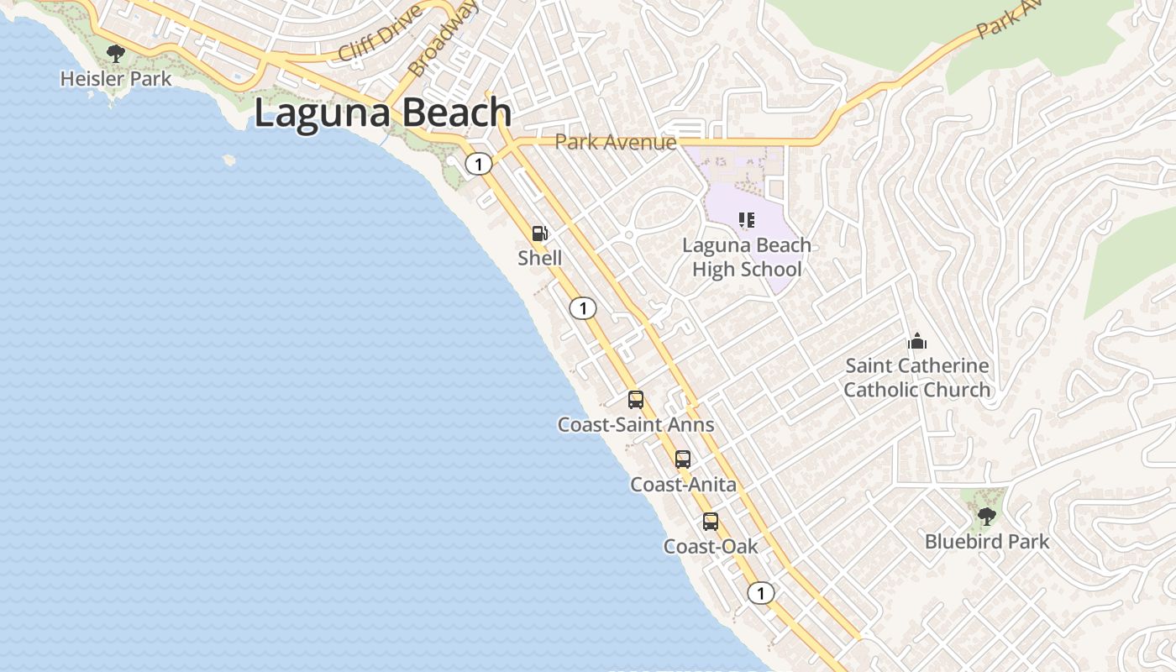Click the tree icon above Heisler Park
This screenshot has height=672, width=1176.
click(116, 54)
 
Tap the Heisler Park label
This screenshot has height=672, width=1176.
click(116, 79)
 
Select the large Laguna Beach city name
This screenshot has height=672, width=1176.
click(382, 113)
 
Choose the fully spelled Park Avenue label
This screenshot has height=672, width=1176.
click(616, 141)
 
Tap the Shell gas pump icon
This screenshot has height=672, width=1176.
click(540, 234)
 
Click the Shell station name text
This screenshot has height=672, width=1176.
click(540, 258)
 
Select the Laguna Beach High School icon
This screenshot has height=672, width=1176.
click(746, 220)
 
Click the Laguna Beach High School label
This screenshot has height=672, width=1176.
click(747, 257)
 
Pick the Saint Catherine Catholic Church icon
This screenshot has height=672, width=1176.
click(916, 341)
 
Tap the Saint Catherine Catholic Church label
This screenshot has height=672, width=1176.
click(916, 378)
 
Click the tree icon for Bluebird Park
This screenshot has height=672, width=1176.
click(987, 516)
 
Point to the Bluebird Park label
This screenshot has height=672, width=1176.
click(987, 542)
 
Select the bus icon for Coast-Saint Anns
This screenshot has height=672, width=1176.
click(636, 400)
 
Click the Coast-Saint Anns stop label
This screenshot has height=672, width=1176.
click(636, 425)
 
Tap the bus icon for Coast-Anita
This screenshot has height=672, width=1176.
click(683, 459)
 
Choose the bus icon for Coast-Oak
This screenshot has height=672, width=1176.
click(711, 522)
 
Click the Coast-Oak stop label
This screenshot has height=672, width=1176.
click(711, 547)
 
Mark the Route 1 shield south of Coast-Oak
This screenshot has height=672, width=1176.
click(760, 594)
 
